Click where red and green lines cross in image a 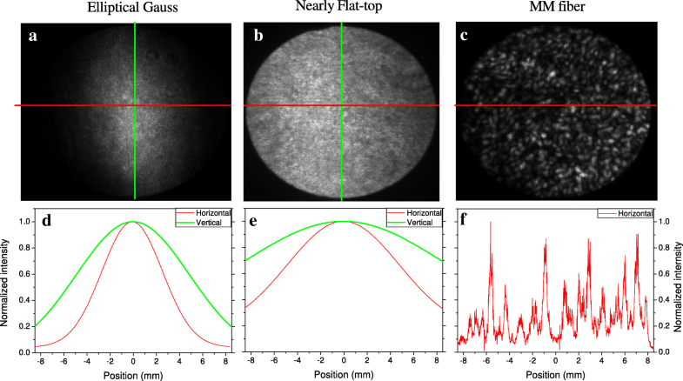point(135,105)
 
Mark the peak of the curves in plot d point(132,222)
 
